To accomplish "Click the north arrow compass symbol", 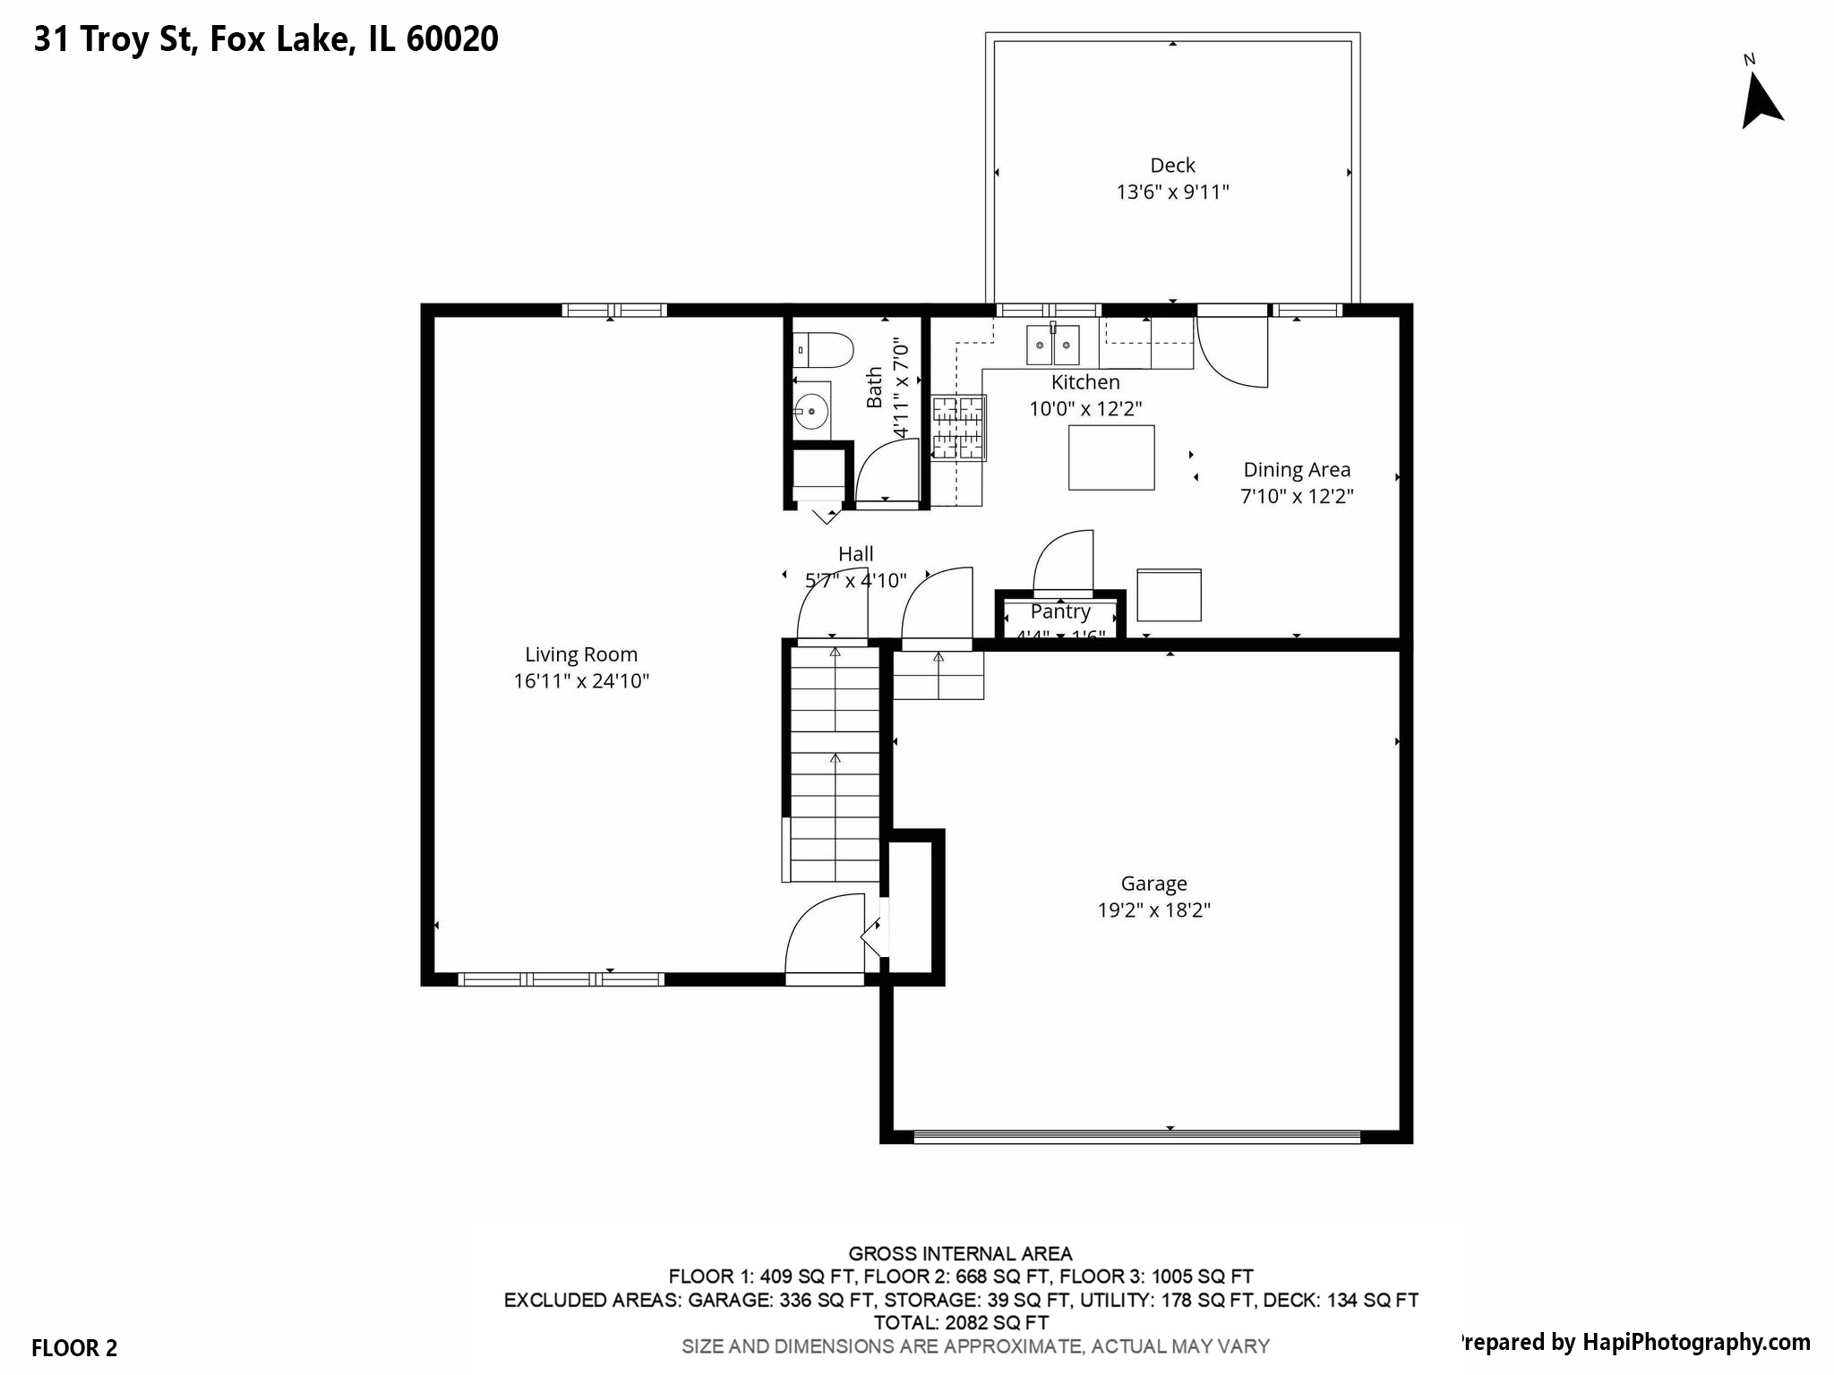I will (x=1760, y=100).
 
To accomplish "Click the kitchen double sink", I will (x=1052, y=345).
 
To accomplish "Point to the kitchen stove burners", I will (x=958, y=428).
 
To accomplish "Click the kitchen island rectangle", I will (x=1110, y=457).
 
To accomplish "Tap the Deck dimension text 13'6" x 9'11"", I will (x=1172, y=192).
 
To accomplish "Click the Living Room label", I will (x=581, y=654).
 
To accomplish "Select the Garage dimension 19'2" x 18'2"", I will (x=1153, y=910).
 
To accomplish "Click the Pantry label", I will (x=1060, y=611).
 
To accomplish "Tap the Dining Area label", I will (x=1296, y=470).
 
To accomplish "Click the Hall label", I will (x=855, y=554).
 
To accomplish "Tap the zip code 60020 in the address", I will (x=451, y=38).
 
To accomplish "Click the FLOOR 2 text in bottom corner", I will (x=74, y=1348).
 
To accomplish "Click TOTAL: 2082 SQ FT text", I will (x=960, y=1322).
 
